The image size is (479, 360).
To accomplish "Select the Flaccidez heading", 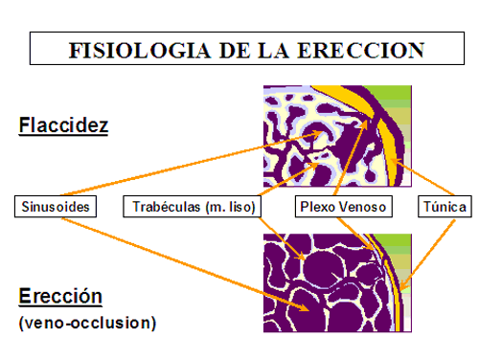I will tap(63, 125).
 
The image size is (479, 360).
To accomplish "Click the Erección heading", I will tap(60, 296).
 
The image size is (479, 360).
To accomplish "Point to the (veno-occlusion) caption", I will tap(86, 323).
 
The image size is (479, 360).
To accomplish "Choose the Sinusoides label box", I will tap(56, 206).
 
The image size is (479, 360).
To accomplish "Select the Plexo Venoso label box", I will tap(342, 206).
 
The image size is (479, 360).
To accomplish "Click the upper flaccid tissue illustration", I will tap(337, 136).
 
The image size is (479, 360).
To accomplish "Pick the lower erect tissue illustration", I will tap(337, 282).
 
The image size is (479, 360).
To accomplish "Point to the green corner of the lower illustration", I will tap(402, 244).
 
